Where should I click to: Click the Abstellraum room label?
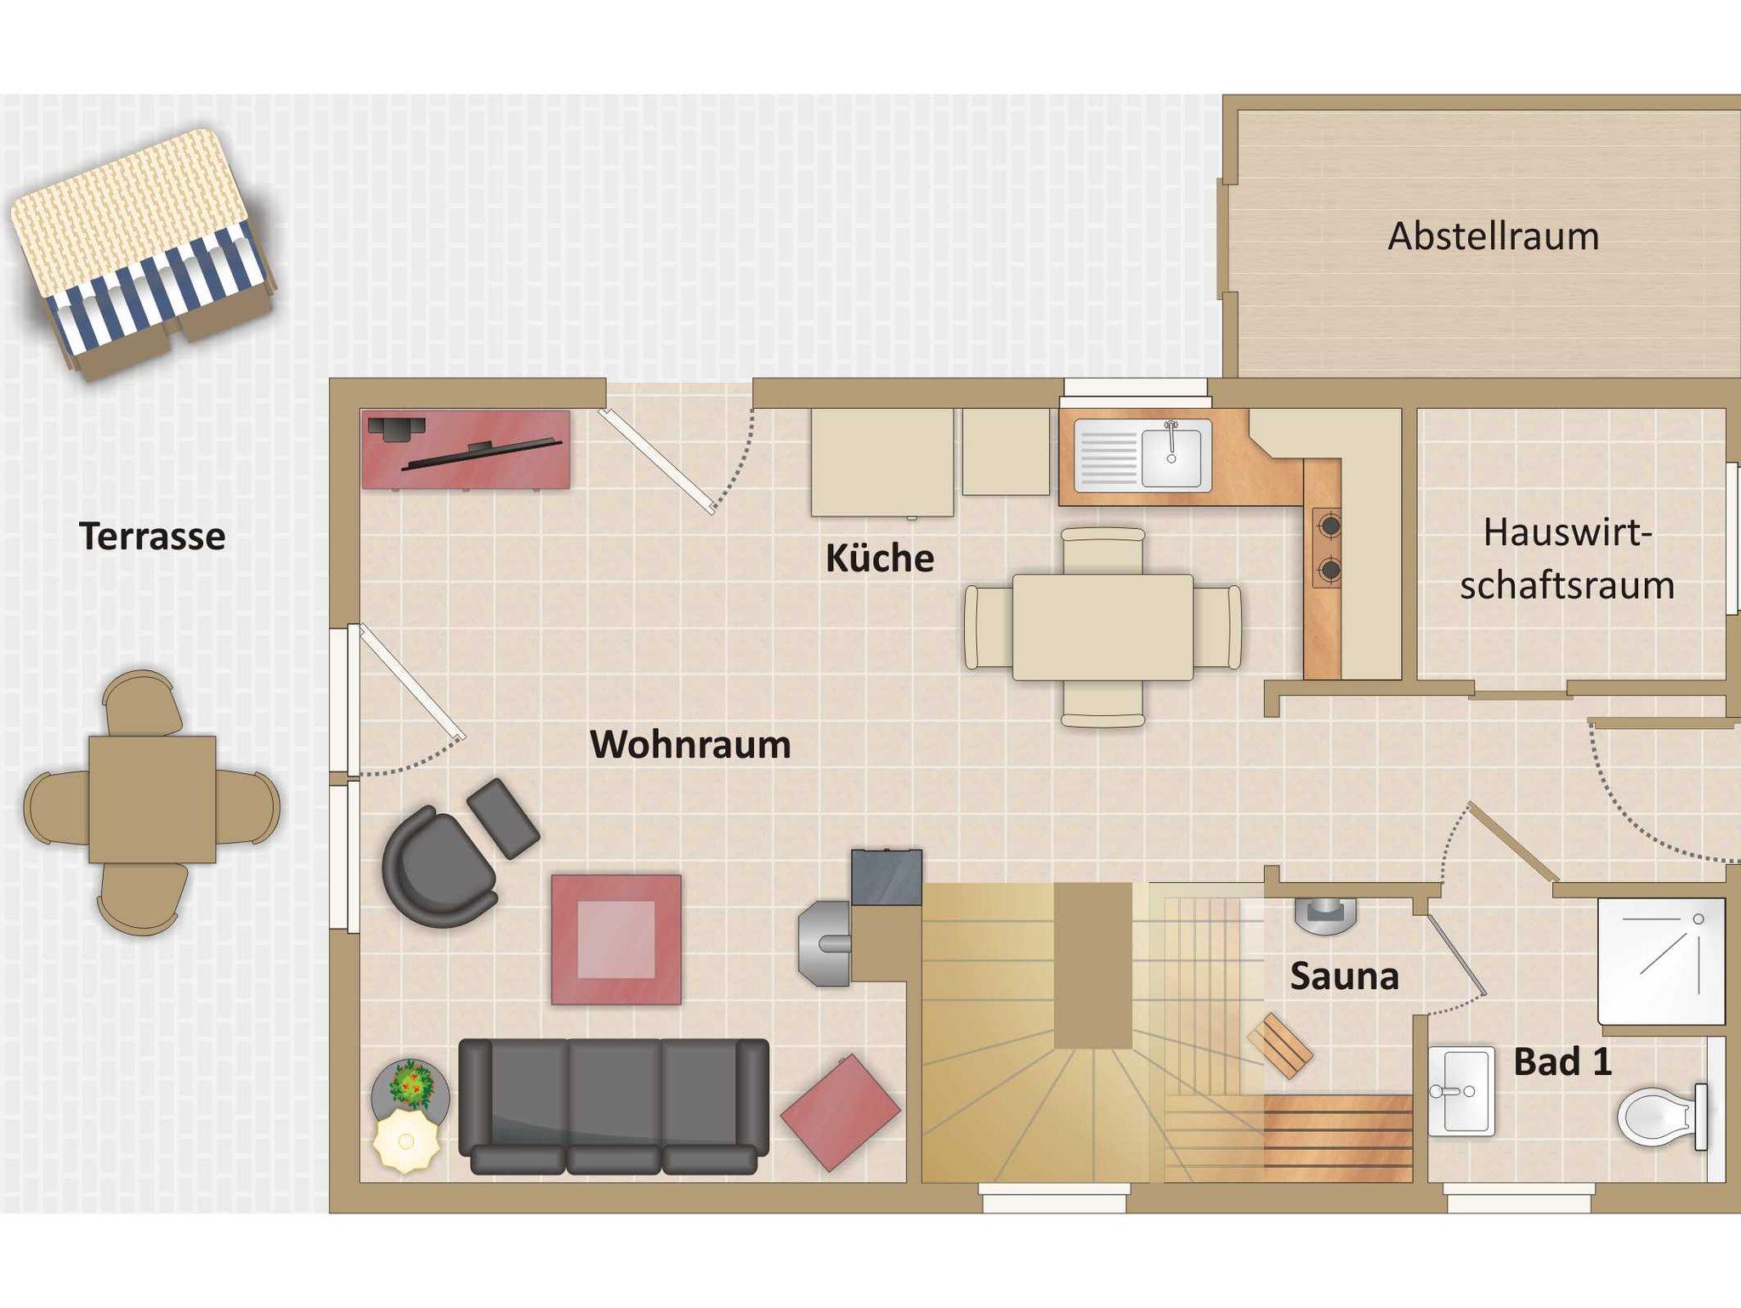(1494, 236)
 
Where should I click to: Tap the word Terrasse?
(152, 537)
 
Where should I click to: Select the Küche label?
(880, 558)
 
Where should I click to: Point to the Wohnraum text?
(690, 744)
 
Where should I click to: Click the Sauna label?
(1344, 976)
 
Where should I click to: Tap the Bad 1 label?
(1562, 1062)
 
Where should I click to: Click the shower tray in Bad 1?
(1661, 961)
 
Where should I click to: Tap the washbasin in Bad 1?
(1460, 1091)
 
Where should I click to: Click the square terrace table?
(152, 799)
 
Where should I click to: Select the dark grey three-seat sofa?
(614, 1106)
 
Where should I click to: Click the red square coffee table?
(615, 940)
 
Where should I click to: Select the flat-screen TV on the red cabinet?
(481, 453)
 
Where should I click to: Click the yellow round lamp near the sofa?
(406, 1140)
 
